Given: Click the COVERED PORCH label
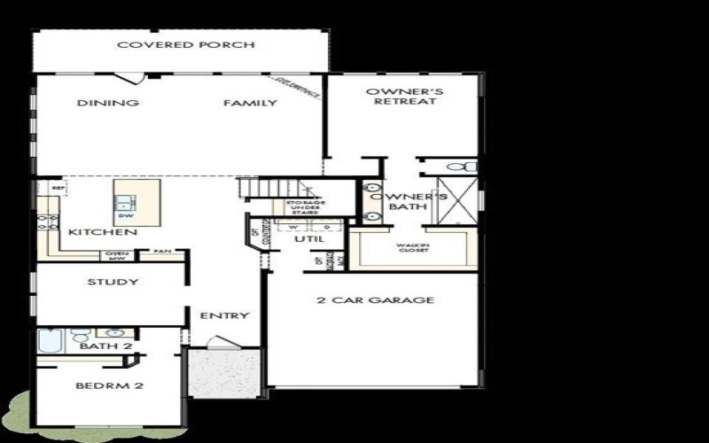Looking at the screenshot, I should [x=186, y=45].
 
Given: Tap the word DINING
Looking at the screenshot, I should [x=108, y=103].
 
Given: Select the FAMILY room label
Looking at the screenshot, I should [x=250, y=103].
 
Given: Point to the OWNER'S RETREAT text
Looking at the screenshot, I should [x=405, y=96].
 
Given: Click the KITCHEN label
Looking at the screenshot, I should [x=103, y=232].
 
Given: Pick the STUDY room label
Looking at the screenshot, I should [x=113, y=283].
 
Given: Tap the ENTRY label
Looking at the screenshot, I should [x=224, y=315].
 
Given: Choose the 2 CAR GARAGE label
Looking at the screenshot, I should [x=376, y=299].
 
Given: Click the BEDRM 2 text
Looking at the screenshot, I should [x=110, y=386].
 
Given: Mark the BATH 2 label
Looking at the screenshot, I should [x=105, y=346].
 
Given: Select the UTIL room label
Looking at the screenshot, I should [x=310, y=239].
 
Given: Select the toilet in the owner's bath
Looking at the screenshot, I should [x=457, y=167].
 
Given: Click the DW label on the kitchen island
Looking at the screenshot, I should [x=125, y=215].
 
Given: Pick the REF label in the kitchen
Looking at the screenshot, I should [x=58, y=188].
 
